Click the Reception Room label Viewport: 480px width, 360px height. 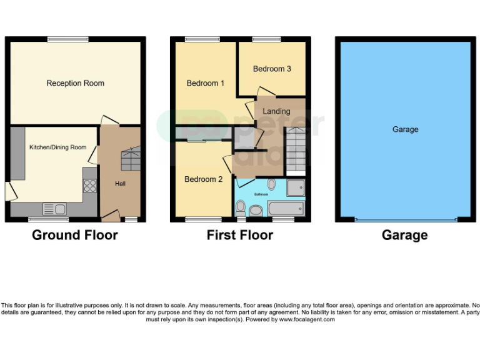click(75, 83)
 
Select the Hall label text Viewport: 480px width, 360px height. click(120, 184)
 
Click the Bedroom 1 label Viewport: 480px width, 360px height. click(206, 83)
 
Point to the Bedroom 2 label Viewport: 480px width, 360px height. click(203, 179)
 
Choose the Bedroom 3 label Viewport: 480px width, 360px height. click(272, 69)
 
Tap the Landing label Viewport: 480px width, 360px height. click(276, 111)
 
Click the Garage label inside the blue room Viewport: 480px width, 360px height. click(405, 129)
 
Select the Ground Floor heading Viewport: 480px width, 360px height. click(74, 236)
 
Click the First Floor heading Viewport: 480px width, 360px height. click(239, 236)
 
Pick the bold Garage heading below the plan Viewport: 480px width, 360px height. click(405, 236)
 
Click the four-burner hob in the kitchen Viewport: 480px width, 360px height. click(90, 185)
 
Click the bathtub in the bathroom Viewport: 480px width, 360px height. click(286, 208)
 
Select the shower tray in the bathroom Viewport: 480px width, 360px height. click(296, 187)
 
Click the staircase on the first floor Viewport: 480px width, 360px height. click(295, 150)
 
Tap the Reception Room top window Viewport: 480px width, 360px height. click(67, 39)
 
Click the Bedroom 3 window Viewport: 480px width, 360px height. click(266, 39)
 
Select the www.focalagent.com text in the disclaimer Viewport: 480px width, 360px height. click(307, 319)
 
